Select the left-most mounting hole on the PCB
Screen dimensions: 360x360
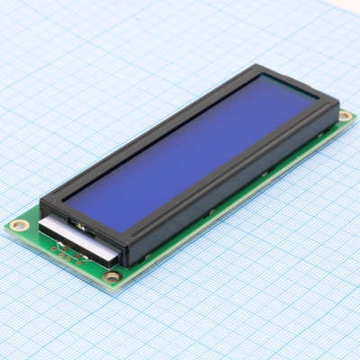pos(18,222)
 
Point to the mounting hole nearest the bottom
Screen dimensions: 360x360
pos(112,277)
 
